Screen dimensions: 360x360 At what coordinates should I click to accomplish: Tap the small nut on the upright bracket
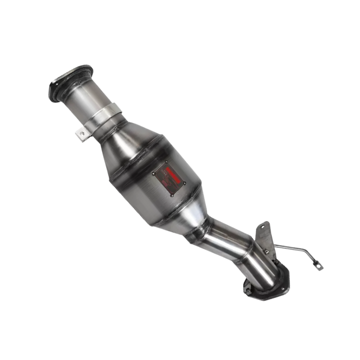pyautogui.click(x=265, y=250)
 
